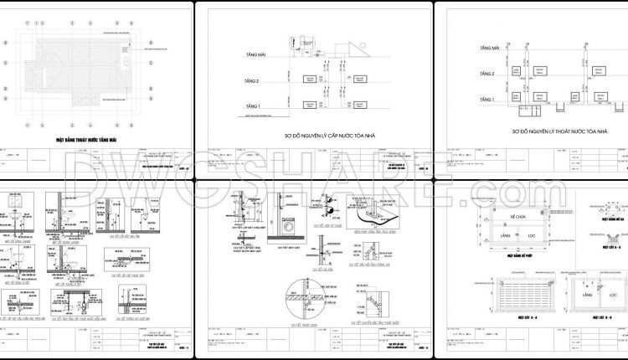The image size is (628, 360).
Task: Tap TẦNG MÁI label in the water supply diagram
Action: pyautogui.click(x=255, y=52)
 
